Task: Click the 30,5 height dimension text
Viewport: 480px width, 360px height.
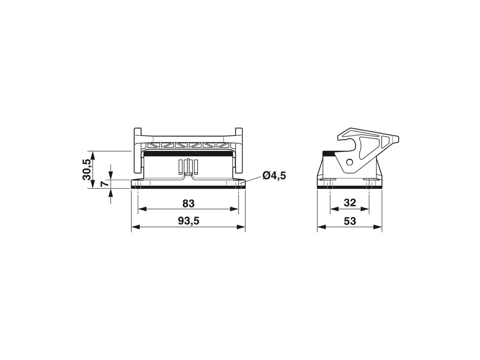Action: [x=87, y=169]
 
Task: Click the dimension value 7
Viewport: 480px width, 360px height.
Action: [x=104, y=184]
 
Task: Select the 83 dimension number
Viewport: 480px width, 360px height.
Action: [x=189, y=203]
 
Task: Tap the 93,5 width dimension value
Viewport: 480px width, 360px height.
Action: [x=189, y=221]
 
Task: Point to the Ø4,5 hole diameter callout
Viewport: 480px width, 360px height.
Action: [x=274, y=176]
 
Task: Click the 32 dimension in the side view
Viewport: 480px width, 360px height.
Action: [x=350, y=203]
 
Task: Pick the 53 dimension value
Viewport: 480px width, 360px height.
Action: [x=350, y=221]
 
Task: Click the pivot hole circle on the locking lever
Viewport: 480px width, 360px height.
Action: [x=349, y=162]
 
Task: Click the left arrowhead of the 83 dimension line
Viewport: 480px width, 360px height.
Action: [x=142, y=209]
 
